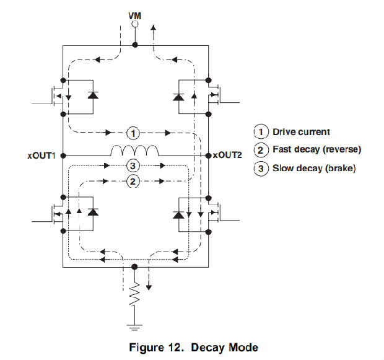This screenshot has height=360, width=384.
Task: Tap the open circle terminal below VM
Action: (136, 25)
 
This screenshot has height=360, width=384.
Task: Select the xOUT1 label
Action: (42, 156)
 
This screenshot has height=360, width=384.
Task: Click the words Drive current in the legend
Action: (302, 131)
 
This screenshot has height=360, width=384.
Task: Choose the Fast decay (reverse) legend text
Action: (316, 150)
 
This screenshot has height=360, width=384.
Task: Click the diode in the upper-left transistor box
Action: (93, 96)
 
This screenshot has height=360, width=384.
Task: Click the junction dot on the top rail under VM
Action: (136, 45)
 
